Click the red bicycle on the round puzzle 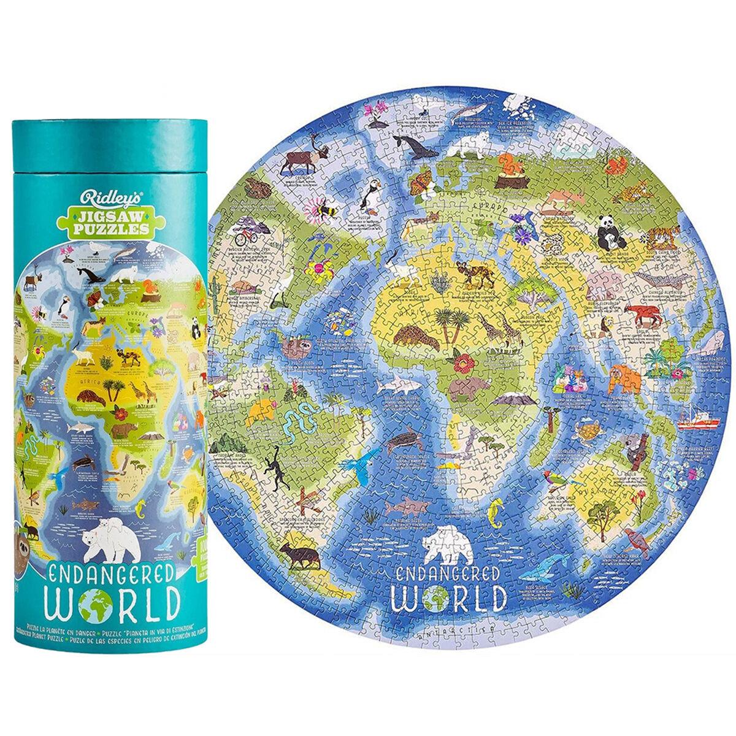tap(244, 234)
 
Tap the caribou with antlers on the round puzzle tap(297, 161)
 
